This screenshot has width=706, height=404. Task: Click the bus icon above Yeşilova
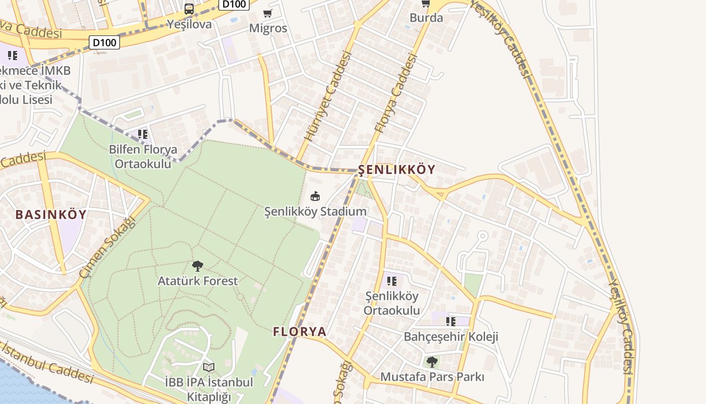[189, 9]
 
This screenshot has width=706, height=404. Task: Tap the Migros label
[268, 28]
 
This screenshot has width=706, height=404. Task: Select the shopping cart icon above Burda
[426, 4]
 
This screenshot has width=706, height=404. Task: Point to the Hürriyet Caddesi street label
[327, 96]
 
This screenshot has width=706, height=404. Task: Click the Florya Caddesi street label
[396, 94]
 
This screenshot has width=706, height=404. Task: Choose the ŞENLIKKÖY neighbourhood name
[396, 170]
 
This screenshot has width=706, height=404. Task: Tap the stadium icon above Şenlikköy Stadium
[315, 196]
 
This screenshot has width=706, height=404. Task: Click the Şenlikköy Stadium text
[315, 212]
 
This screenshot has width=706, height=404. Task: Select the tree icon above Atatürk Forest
[198, 266]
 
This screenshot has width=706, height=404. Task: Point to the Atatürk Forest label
[198, 281]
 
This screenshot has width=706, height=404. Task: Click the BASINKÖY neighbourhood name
[51, 215]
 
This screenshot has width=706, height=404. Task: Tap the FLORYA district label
[300, 332]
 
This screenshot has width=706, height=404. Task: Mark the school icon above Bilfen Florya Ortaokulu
[143, 134]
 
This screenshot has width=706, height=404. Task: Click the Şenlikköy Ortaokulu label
[392, 303]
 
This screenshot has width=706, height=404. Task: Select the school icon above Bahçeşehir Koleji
[451, 321]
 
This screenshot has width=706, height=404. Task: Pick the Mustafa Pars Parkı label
[432, 377]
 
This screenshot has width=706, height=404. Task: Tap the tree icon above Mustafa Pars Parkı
[432, 362]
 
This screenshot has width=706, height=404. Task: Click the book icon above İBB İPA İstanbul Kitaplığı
[209, 367]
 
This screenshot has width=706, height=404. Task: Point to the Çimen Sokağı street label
[108, 247]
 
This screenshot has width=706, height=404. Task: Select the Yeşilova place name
[189, 24]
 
